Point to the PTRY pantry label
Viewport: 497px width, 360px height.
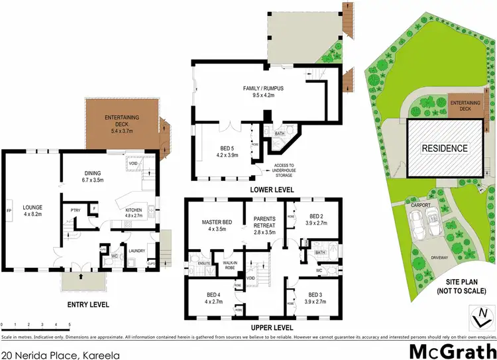pos(76,210)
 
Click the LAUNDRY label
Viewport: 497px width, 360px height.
pos(137,251)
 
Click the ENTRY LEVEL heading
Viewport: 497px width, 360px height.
pos(84,305)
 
